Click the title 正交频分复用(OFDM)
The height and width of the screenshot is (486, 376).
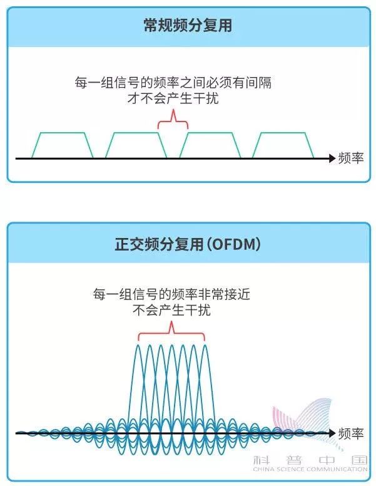click(188, 245)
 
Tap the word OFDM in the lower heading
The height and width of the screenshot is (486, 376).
click(235, 245)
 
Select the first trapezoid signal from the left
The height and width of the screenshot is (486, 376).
click(63, 145)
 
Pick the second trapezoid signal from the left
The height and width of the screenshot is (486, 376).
click(136, 145)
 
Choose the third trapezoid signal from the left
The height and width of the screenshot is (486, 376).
click(210, 145)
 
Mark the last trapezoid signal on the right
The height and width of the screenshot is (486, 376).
click(283, 145)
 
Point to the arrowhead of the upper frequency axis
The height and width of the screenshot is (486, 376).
click(332, 158)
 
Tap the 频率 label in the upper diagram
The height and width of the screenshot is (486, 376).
click(350, 158)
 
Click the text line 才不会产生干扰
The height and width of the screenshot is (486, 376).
click(172, 98)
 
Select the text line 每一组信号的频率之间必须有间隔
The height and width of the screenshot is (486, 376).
click(172, 83)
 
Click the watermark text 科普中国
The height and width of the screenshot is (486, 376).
click(309, 459)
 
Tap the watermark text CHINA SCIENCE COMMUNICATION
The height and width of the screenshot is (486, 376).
click(309, 469)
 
